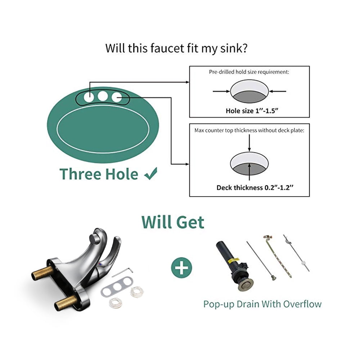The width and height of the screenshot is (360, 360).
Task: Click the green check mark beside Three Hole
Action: pyautogui.click(x=151, y=174)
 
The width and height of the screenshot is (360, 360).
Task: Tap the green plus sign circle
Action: pyautogui.click(x=181, y=268)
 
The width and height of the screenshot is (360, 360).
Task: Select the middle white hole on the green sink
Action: pyautogui.click(x=103, y=96)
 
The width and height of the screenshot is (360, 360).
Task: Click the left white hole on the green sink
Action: pyautogui.click(x=89, y=97)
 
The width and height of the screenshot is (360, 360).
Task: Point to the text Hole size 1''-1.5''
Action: pyautogui.click(x=252, y=111)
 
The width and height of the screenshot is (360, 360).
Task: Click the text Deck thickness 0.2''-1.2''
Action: pyautogui.click(x=255, y=188)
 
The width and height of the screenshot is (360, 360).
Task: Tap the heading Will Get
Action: pyautogui.click(x=173, y=222)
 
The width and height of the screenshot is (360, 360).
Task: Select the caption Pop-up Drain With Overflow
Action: pyautogui.click(x=262, y=304)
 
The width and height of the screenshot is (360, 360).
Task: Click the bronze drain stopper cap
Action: pyautogui.click(x=246, y=284)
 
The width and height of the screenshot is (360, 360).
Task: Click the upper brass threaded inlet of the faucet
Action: pyautogui.click(x=41, y=273)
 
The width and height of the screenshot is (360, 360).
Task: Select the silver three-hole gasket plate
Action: pyautogui.click(x=117, y=286)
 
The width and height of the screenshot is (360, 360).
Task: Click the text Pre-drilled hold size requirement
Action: pyautogui.click(x=249, y=72)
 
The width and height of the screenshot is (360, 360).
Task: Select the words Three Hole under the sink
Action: pyautogui.click(x=99, y=174)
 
